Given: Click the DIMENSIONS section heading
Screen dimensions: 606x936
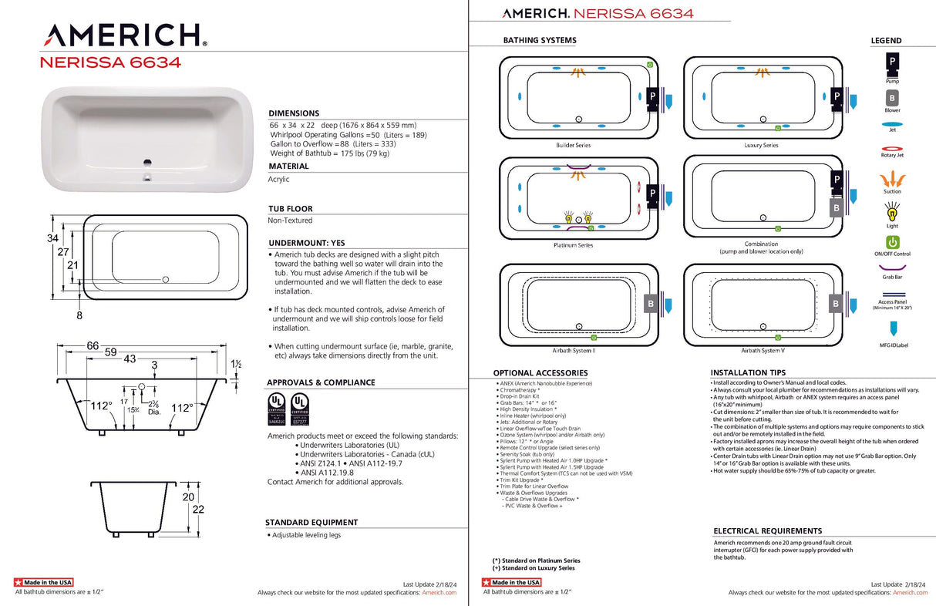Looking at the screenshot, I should click(294, 113).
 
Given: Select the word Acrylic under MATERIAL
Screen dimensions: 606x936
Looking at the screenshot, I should click(278, 179).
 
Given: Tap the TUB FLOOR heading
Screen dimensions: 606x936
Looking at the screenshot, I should click(291, 209).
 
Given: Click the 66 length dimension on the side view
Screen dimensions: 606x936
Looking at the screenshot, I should click(93, 346).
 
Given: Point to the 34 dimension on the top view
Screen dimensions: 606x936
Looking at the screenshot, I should click(52, 238).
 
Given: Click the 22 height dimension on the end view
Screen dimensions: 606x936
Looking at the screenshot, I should click(199, 510).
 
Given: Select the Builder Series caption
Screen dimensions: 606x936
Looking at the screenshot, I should click(573, 145).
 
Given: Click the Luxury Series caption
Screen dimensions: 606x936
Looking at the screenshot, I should click(760, 145).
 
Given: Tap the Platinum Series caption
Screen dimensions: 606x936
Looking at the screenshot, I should click(573, 245).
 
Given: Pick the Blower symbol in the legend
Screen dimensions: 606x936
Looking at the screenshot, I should click(892, 98).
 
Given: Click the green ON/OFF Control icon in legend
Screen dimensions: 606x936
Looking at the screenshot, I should click(892, 243).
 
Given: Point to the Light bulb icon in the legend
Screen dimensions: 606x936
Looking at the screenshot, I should click(892, 209).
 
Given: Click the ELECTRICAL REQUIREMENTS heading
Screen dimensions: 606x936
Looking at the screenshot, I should click(767, 531).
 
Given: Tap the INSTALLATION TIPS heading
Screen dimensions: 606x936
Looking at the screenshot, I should click(749, 372).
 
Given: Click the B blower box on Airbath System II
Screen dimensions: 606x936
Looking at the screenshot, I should click(650, 305).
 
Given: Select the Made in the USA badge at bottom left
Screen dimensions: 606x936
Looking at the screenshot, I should click(44, 582).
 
